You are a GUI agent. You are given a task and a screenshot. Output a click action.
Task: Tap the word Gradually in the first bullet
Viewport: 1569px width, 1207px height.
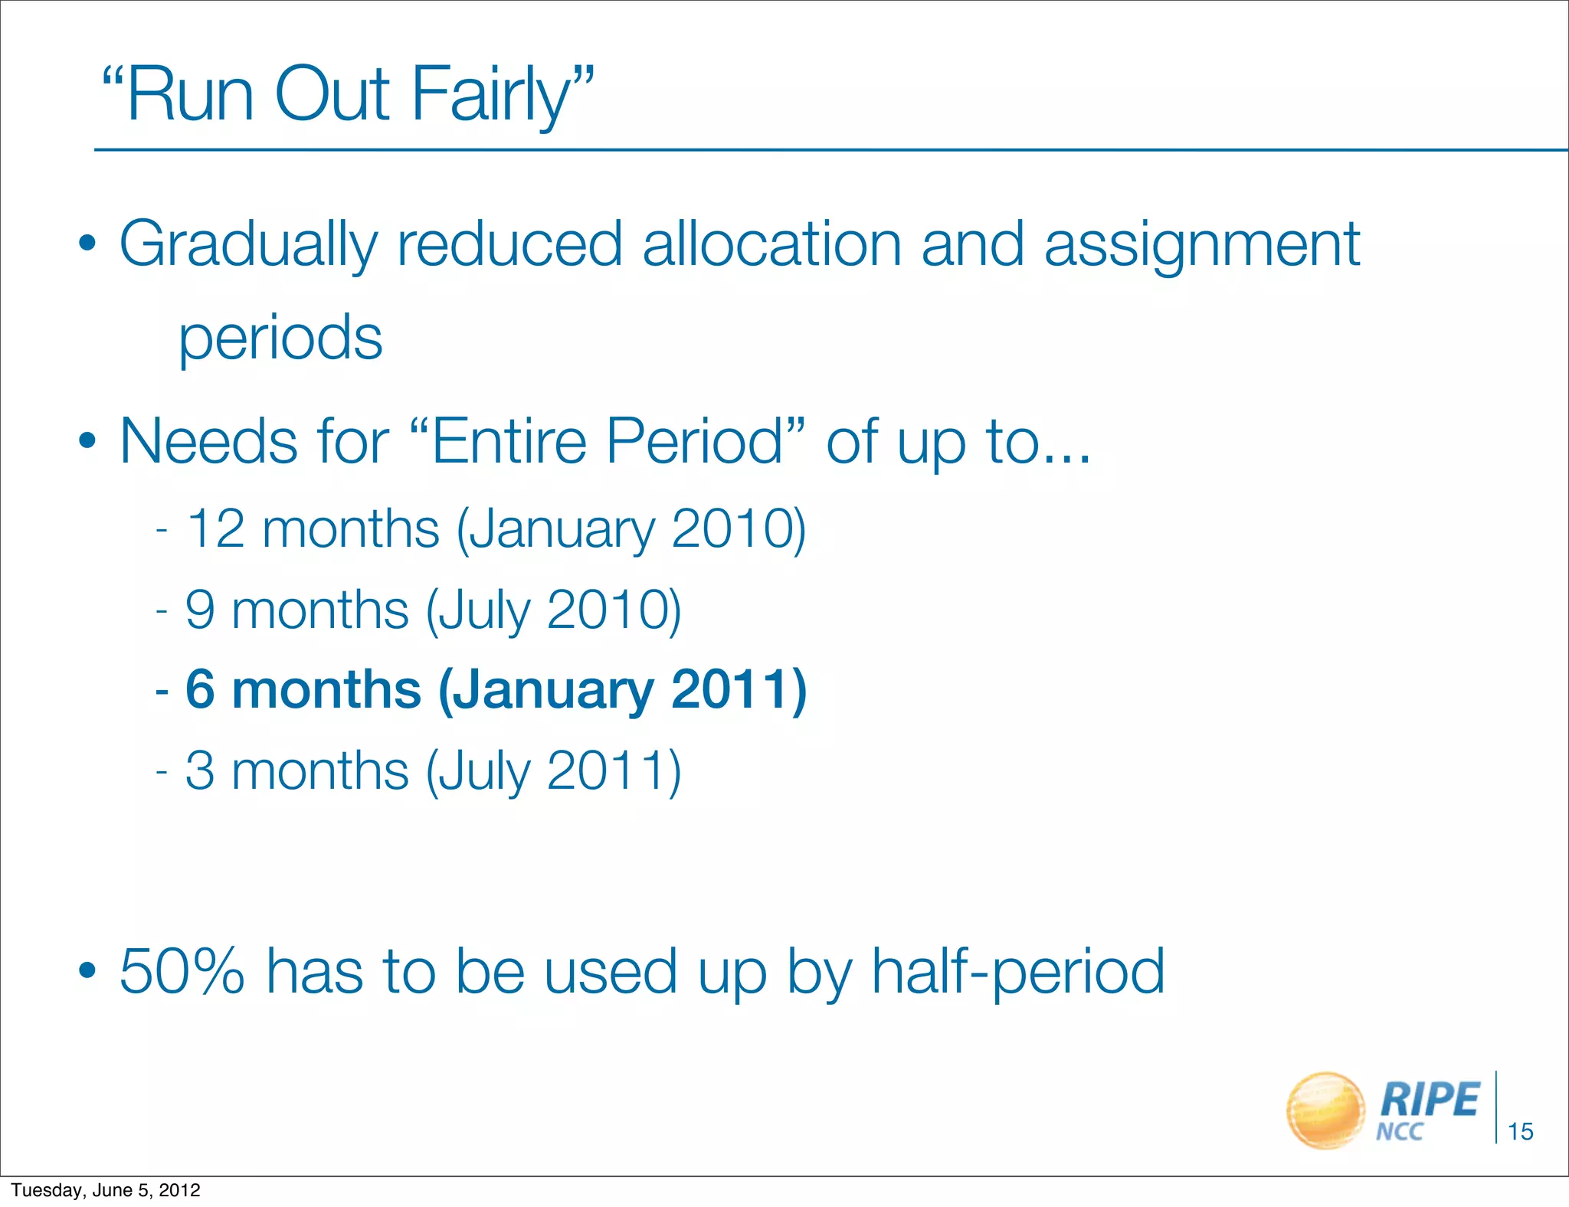click(248, 245)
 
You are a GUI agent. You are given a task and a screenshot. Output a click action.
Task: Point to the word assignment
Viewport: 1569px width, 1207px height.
click(1202, 245)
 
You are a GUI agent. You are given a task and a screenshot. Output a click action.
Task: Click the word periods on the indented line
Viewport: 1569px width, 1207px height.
click(280, 339)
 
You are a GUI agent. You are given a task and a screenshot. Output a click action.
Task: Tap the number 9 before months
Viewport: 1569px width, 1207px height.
click(200, 610)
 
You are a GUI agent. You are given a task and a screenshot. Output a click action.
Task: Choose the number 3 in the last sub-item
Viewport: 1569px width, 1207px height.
click(200, 770)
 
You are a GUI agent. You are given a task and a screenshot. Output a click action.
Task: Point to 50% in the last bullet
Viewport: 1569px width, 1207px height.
click(182, 971)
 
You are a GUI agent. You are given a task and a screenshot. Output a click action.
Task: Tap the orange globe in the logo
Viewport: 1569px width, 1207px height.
click(1325, 1110)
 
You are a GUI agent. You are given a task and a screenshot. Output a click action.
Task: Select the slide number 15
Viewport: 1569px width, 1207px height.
click(1520, 1131)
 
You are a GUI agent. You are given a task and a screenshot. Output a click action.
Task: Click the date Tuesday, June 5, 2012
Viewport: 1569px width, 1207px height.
click(106, 1190)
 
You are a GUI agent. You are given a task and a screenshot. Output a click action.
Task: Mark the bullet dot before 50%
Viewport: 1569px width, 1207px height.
click(87, 971)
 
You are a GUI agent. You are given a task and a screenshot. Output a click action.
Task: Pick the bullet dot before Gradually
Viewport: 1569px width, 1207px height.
click(87, 244)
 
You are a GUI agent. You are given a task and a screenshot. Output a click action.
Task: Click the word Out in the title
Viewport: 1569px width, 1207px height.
click(331, 94)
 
